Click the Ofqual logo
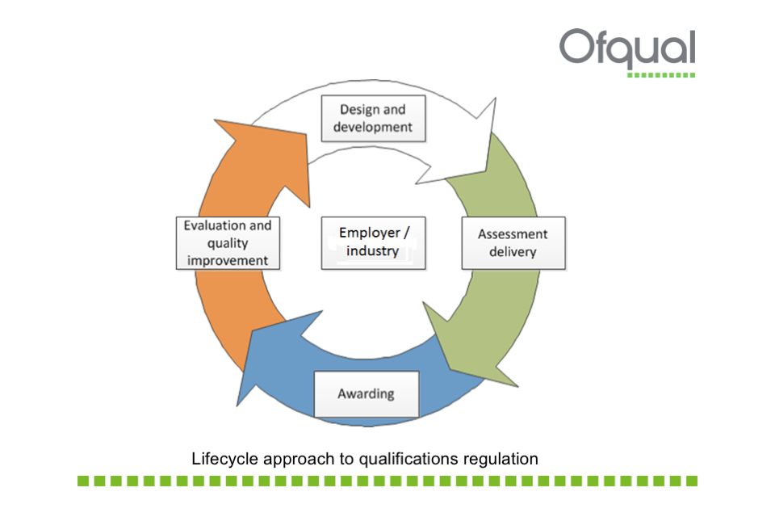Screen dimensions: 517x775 (x=627, y=49)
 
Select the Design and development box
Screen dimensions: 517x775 (x=372, y=118)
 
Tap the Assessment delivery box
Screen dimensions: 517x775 (x=513, y=243)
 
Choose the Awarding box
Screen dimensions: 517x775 (x=366, y=394)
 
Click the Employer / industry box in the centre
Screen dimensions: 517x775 (x=373, y=242)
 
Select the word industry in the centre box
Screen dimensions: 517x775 (x=373, y=251)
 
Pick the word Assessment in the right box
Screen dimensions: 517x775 (x=513, y=234)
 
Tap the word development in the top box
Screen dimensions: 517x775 (x=372, y=127)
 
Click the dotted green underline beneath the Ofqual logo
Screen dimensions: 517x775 (x=661, y=75)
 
